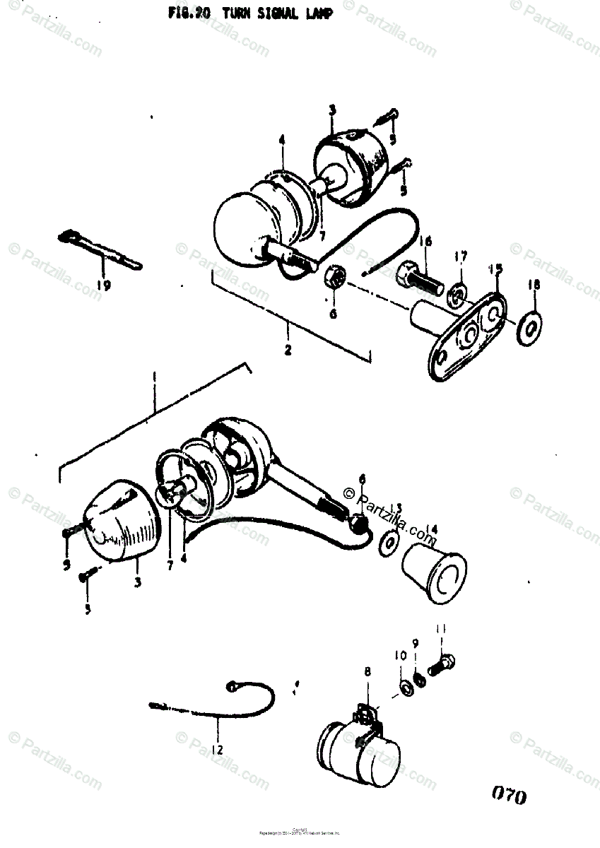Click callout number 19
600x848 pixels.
click(104, 285)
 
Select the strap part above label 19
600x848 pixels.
click(99, 251)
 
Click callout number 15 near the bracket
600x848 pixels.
click(495, 269)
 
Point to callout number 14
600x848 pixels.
click(433, 528)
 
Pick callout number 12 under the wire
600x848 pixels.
click(217, 750)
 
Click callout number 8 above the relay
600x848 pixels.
click(367, 673)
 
